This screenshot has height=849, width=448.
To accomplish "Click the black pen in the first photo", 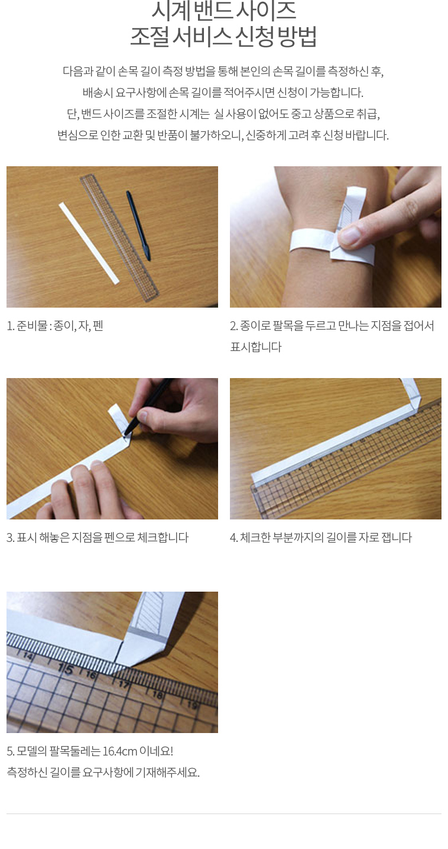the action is tap(139, 225).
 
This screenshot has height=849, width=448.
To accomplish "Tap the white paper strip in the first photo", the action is tap(89, 243).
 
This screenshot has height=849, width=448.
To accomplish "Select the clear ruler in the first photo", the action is tap(119, 237).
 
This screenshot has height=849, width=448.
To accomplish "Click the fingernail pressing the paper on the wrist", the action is tap(350, 235).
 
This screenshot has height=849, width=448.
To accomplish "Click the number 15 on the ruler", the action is tap(66, 669).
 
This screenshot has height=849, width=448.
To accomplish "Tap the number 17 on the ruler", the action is tap(124, 685).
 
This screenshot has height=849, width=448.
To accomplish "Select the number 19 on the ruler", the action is tap(192, 705).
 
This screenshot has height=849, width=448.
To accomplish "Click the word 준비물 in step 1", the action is tap(32, 325).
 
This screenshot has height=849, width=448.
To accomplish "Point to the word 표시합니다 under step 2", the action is tap(256, 347).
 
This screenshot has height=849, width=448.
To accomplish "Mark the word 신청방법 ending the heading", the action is tap(276, 37).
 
